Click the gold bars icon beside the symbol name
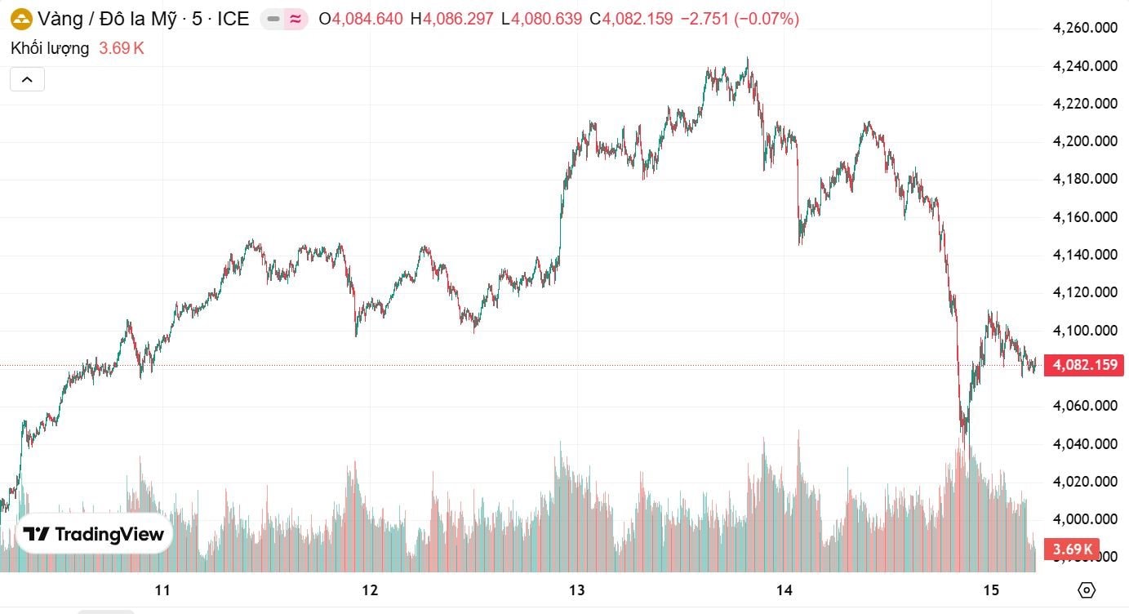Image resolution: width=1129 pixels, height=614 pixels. point(20,19)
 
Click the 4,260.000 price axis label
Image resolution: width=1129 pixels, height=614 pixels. point(1085,29)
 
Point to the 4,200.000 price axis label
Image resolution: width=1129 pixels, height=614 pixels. point(1085,141)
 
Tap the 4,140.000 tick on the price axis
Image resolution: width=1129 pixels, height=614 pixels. point(1085,255)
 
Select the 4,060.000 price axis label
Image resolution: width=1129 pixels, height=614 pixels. point(1085,406)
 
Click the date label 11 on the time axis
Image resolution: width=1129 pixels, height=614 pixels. point(162,590)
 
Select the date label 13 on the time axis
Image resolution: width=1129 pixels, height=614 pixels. point(577,590)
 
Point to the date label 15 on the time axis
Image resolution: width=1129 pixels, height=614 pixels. point(992,590)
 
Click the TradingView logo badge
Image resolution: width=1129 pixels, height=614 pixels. point(94,535)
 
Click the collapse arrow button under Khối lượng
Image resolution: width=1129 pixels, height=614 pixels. point(27,79)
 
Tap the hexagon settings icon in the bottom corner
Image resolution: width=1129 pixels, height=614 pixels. point(1087,590)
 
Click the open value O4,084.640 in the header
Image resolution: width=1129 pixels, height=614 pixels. point(360,19)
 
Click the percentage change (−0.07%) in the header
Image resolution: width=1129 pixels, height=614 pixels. point(767,19)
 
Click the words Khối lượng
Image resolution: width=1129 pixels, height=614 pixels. point(50,48)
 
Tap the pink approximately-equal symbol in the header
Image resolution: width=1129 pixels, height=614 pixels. point(296,19)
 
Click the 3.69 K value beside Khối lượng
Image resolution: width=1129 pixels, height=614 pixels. point(122,48)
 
